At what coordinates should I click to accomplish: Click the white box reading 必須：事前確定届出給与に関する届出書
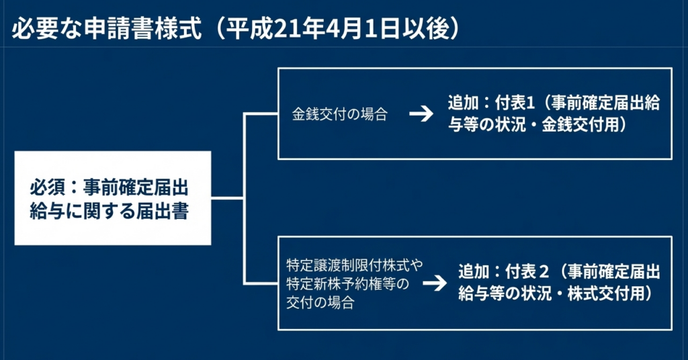point(113,198)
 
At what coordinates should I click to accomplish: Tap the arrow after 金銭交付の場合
point(421,114)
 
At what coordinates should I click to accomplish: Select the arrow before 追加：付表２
point(435,283)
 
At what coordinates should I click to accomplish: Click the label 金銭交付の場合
point(339,114)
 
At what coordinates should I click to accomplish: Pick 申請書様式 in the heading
point(144,29)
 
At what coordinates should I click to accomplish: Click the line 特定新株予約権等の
point(347,283)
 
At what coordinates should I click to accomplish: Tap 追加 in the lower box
point(473,272)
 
